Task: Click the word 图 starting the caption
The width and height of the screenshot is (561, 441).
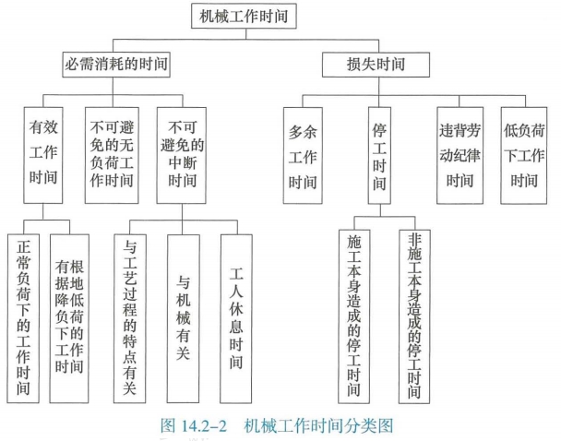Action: point(168,425)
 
